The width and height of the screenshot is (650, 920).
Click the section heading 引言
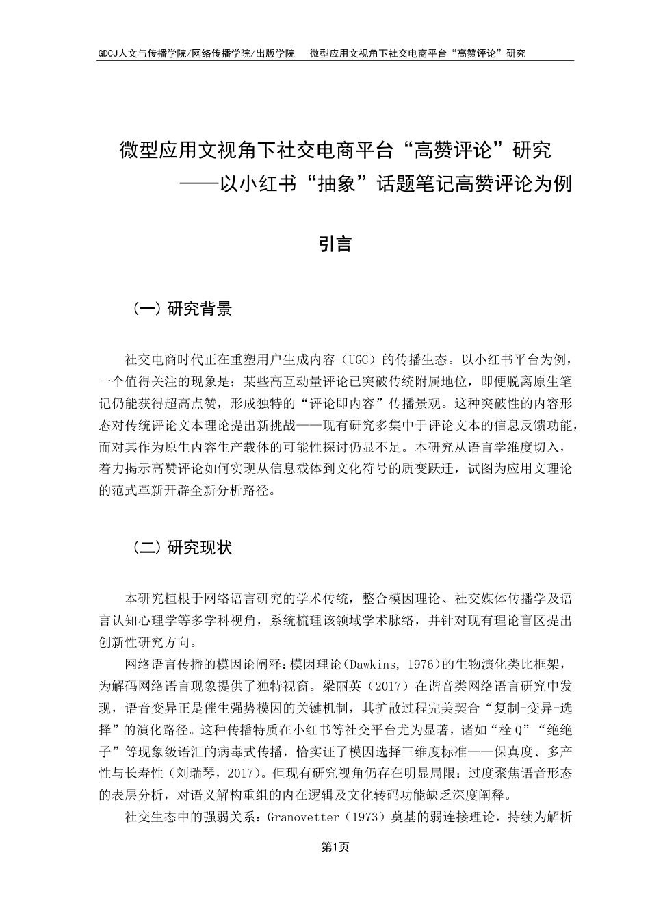335,244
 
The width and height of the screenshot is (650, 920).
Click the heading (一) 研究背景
181,309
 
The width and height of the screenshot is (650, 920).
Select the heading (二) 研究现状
181,548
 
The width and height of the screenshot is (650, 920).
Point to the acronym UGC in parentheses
354,358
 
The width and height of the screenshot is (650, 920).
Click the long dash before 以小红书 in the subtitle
197,185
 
